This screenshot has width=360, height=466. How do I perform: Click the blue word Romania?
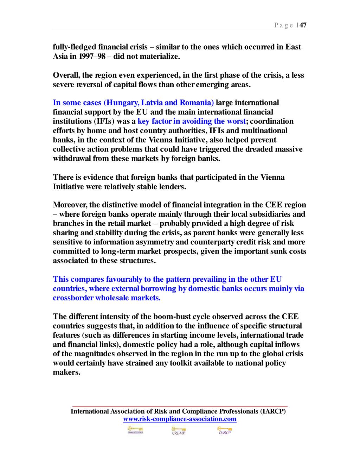click(x=197, y=103)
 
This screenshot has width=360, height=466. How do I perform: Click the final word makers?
click(x=66, y=372)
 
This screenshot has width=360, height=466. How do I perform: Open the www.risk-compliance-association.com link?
click(x=180, y=419)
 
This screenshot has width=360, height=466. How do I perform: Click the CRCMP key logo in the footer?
click(x=179, y=430)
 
